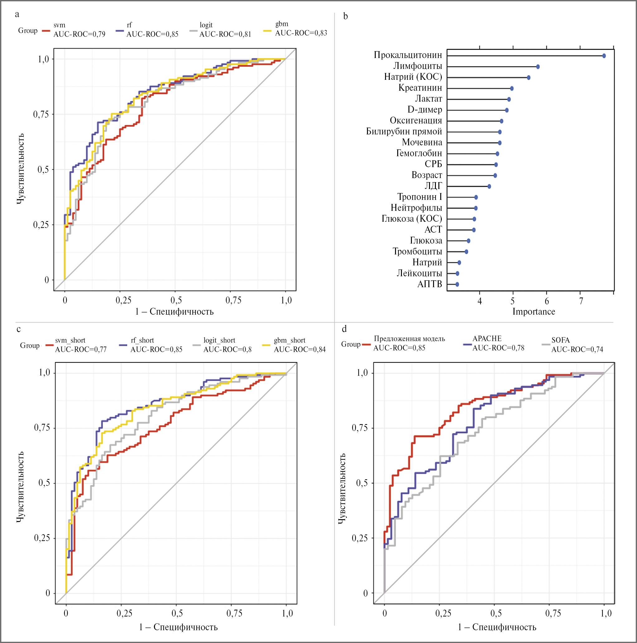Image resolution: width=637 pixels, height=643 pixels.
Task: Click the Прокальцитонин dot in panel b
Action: tap(604, 56)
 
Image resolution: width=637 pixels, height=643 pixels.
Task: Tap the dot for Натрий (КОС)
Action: tap(528, 78)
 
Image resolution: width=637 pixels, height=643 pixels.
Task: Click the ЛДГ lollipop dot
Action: tap(489, 186)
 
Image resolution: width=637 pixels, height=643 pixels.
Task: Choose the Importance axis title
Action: tap(533, 312)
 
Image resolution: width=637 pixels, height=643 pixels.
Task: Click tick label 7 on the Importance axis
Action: tap(581, 301)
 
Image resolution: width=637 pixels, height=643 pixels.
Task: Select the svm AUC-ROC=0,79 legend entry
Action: tap(79, 30)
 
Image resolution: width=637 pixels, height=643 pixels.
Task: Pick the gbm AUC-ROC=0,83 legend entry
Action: tap(301, 29)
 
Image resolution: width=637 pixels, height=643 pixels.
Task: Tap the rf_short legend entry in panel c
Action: tap(156, 345)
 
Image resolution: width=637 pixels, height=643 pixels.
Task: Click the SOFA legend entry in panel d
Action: tap(577, 345)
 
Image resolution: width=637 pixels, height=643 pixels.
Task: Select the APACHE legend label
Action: tap(498, 343)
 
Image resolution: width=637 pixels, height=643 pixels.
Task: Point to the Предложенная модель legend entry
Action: tap(409, 343)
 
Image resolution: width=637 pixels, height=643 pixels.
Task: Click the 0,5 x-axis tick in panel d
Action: tap(495, 613)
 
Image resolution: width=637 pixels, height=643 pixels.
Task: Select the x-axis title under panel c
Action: tap(178, 627)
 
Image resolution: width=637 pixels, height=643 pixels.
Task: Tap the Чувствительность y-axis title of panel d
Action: tap(342, 489)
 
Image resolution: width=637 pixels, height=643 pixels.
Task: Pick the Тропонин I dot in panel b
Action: tap(476, 197)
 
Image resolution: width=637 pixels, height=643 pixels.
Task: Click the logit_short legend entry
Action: tap(227, 345)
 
